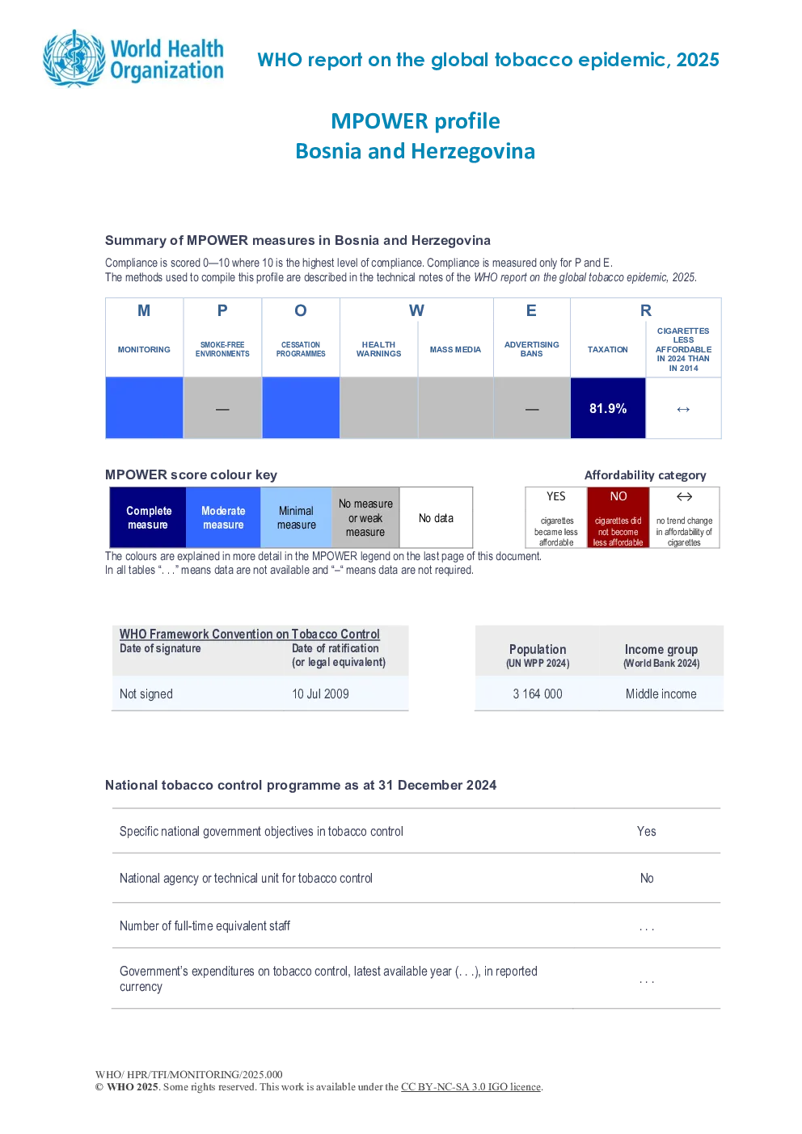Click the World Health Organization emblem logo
pyautogui.click(x=74, y=59)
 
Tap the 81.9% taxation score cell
pyautogui.click(x=608, y=408)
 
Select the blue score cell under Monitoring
pyautogui.click(x=144, y=407)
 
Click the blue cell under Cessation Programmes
pyautogui.click(x=301, y=407)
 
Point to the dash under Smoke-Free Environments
pyautogui.click(x=222, y=409)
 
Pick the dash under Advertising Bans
pyautogui.click(x=532, y=409)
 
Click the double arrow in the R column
pyautogui.click(x=683, y=409)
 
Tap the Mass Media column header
pyautogui.click(x=455, y=349)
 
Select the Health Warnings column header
pyautogui.click(x=378, y=349)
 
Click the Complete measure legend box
pyautogui.click(x=148, y=517)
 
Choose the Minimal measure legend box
pyautogui.click(x=296, y=517)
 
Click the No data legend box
pyautogui.click(x=436, y=517)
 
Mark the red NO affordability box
pyautogui.click(x=618, y=517)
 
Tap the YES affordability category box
pyautogui.click(x=556, y=517)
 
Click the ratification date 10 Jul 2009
pyautogui.click(x=320, y=693)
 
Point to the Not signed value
pyautogui.click(x=146, y=693)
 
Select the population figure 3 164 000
pyautogui.click(x=537, y=693)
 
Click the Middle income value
pyautogui.click(x=661, y=693)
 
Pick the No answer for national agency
pyautogui.click(x=647, y=878)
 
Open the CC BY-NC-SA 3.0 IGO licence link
pyautogui.click(x=471, y=1087)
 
